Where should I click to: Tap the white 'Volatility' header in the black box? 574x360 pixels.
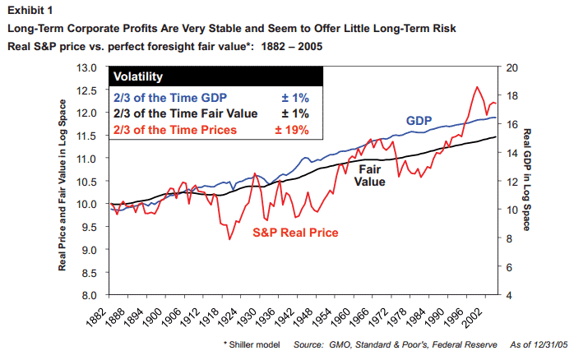coord(139,77)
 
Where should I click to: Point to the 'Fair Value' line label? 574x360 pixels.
coord(371,175)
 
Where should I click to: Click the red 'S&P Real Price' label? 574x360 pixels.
coord(294,233)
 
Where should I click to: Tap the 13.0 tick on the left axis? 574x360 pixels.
coord(86,67)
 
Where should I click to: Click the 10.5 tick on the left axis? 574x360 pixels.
coord(86,181)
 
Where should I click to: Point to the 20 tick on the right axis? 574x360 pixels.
coord(511,67)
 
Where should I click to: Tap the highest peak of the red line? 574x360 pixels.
coord(477,87)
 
